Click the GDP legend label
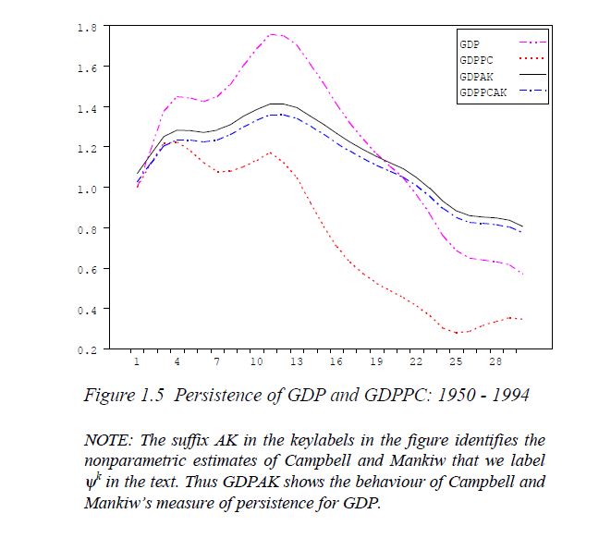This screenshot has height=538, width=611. tap(469, 43)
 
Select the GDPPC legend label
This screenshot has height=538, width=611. tap(474, 60)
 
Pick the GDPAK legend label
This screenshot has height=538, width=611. tap(474, 78)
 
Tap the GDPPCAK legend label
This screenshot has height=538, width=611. tap(480, 94)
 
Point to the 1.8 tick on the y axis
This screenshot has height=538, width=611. tap(87, 27)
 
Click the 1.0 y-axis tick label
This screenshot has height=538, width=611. tap(87, 188)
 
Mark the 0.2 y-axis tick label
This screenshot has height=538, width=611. tap(87, 349)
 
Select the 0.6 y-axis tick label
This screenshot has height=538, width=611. tap(87, 268)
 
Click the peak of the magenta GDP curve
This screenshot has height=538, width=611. tap(275, 34)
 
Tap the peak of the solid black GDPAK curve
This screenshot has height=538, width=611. tap(276, 104)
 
